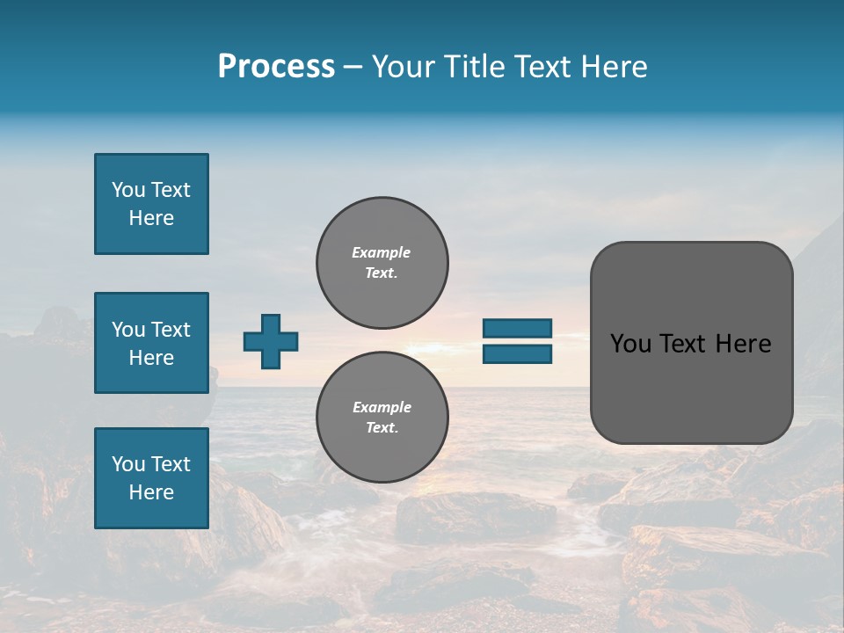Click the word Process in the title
click(276, 67)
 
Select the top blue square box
click(151, 204)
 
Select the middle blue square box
click(151, 343)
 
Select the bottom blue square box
click(151, 478)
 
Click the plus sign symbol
click(271, 341)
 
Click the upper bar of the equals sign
click(518, 328)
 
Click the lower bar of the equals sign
click(518, 354)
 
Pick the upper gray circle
click(382, 263)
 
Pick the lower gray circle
click(382, 418)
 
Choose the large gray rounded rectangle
click(691, 343)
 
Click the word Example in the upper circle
click(382, 252)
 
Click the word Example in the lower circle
click(382, 407)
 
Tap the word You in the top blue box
click(127, 190)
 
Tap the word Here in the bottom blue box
click(151, 492)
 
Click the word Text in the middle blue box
click(171, 330)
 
